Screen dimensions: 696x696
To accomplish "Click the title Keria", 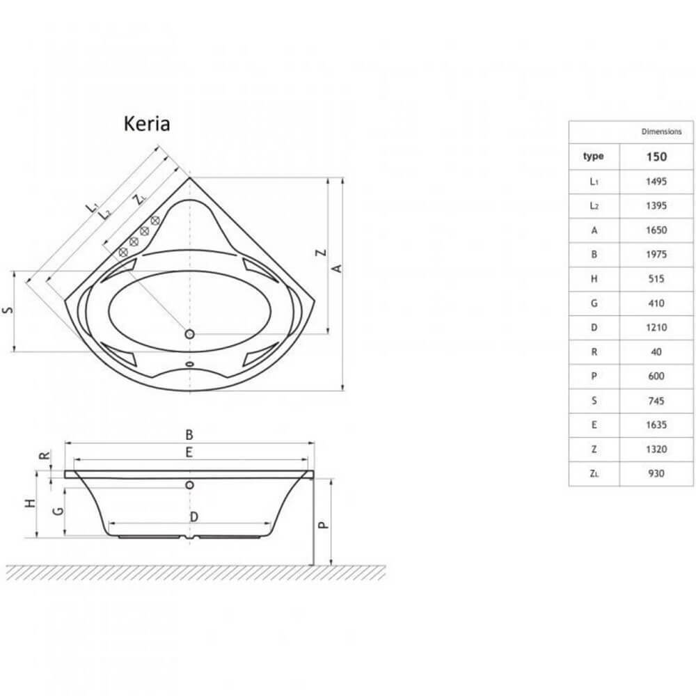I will click(x=147, y=124).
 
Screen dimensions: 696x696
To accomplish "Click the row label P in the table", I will click(x=594, y=376).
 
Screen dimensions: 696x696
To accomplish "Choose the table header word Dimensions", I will click(x=661, y=132).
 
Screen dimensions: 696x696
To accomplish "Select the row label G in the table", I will click(x=594, y=303).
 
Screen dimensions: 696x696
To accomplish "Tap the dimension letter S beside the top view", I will click(x=6, y=311).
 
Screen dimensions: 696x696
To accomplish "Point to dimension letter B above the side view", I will click(x=189, y=434).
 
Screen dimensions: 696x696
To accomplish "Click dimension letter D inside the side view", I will click(x=194, y=516).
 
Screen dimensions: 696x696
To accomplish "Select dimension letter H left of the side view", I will click(x=29, y=504).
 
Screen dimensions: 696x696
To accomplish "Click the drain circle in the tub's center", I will click(x=189, y=334).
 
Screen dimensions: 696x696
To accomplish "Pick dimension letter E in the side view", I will click(x=189, y=452).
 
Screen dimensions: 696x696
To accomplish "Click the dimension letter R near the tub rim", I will click(x=44, y=457).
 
